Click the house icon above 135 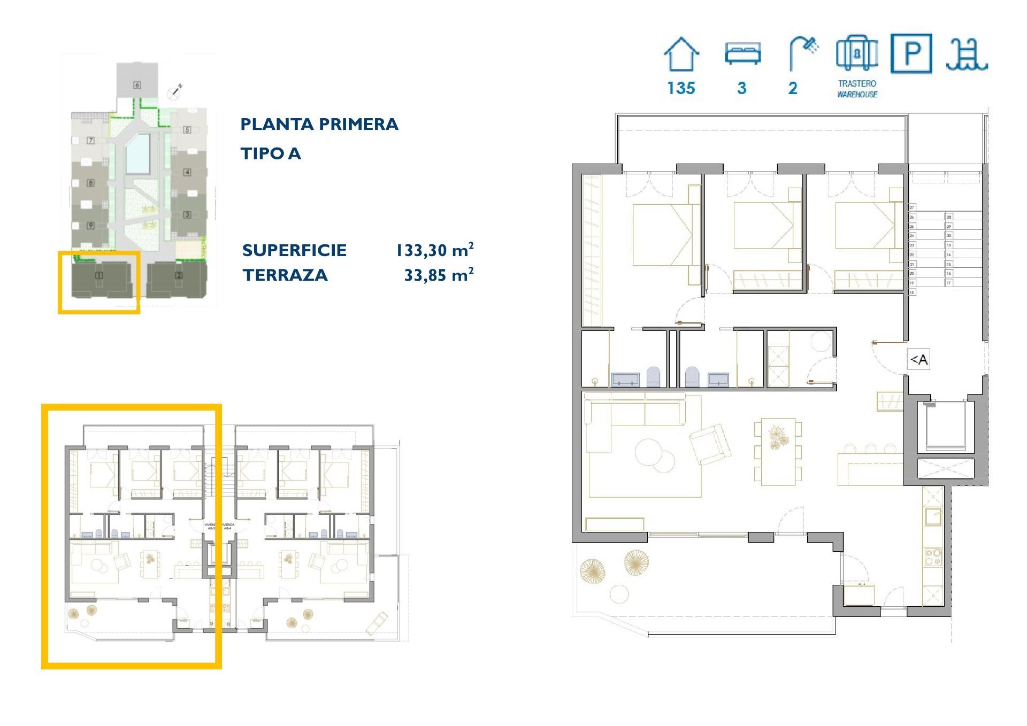coord(681,55)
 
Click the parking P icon coord(911,53)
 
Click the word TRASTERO coord(857,83)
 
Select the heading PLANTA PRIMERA coord(319,124)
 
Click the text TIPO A coord(271,153)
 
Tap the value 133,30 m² coord(434,250)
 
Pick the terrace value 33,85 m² coord(439,275)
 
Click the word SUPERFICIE coord(294,250)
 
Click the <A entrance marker coord(918,360)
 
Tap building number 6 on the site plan coord(137,85)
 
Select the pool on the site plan coord(138,153)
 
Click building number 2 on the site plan coord(179,276)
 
